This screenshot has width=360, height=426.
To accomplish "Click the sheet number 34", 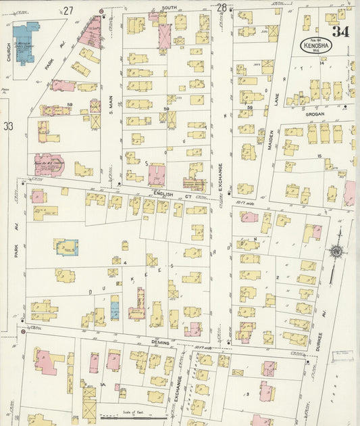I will (340, 32).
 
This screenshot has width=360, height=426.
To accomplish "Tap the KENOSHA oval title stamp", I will (316, 46).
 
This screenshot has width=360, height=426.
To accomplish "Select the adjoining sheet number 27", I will (68, 10).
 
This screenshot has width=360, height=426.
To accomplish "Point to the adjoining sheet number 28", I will (222, 8).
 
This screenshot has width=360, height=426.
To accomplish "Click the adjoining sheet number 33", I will (7, 126).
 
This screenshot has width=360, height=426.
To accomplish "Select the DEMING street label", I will (161, 343).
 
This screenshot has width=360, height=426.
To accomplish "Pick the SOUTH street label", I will (169, 7).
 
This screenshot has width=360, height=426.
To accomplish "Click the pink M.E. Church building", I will (49, 164).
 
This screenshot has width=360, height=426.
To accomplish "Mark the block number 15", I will (319, 157).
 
